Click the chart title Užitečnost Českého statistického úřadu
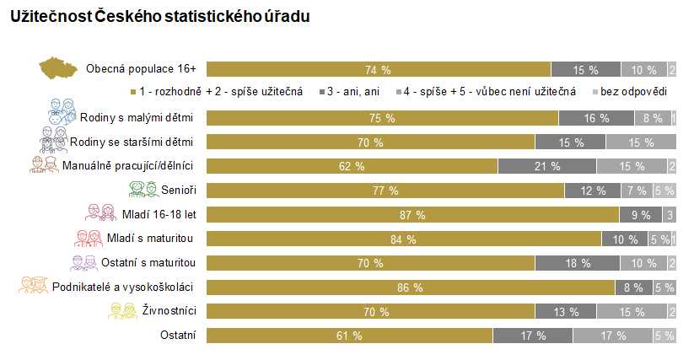pyautogui.click(x=159, y=17)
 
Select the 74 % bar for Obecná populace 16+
pyautogui.click(x=378, y=70)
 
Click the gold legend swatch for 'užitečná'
pyautogui.click(x=134, y=91)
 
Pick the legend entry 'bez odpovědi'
pyautogui.click(x=632, y=91)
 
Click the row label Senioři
pyautogui.click(x=179, y=191)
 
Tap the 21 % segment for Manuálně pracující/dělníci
pyautogui.click(x=546, y=166)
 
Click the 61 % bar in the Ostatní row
pyautogui.click(x=349, y=336)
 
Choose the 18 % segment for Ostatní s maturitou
pyautogui.click(x=577, y=263)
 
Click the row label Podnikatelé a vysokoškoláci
pyautogui.click(x=124, y=287)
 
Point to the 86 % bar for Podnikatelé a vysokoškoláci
pyautogui.click(x=411, y=287)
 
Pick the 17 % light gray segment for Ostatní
pyautogui.click(x=613, y=336)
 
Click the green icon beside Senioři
pyautogui.click(x=139, y=191)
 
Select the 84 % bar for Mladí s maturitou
pyautogui.click(x=403, y=239)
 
